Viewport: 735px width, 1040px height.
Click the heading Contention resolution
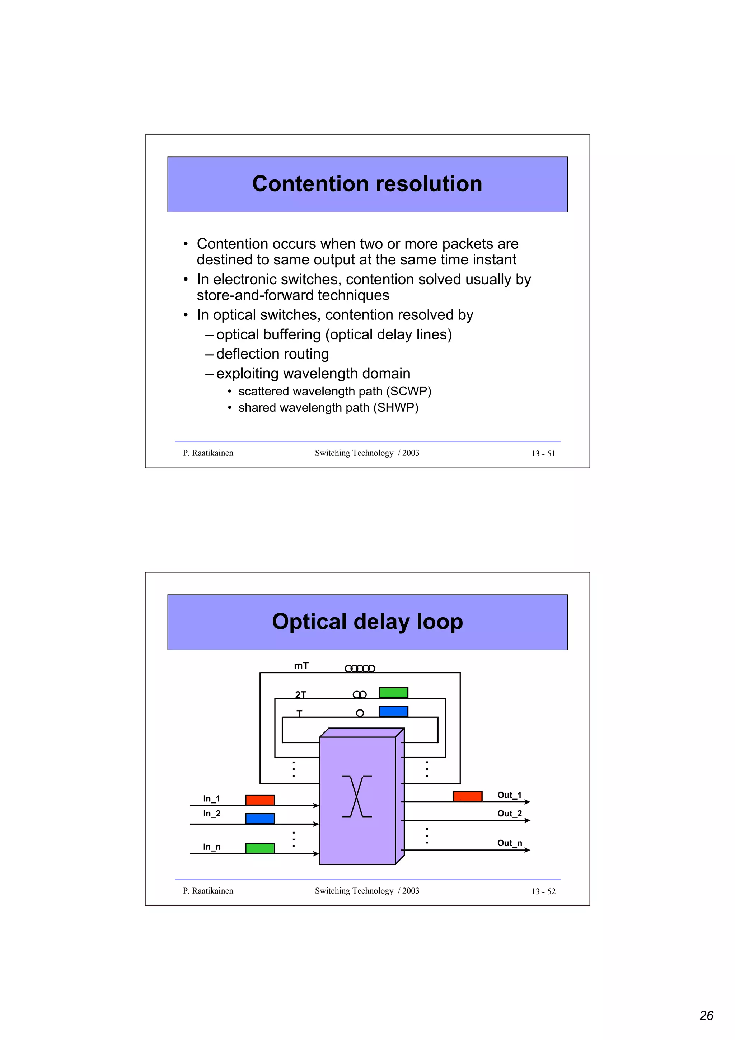click(367, 184)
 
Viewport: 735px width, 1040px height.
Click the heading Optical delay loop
click(367, 622)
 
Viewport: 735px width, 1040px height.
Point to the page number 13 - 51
click(543, 453)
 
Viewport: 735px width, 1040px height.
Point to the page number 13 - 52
click(543, 891)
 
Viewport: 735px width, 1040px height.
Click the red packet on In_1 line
click(260, 800)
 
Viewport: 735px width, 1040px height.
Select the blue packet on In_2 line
click(260, 819)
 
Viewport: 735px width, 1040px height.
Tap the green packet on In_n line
click(260, 848)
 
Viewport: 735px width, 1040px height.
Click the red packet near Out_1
click(467, 796)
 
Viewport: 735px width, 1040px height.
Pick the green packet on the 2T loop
click(393, 693)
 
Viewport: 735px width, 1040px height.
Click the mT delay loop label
click(301, 666)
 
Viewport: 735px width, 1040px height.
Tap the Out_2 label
click(510, 814)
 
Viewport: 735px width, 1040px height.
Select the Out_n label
click(510, 843)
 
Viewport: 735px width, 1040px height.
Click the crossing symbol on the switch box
click(357, 796)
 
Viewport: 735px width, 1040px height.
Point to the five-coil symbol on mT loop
click(360, 669)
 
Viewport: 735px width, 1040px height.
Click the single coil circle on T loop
click(360, 713)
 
